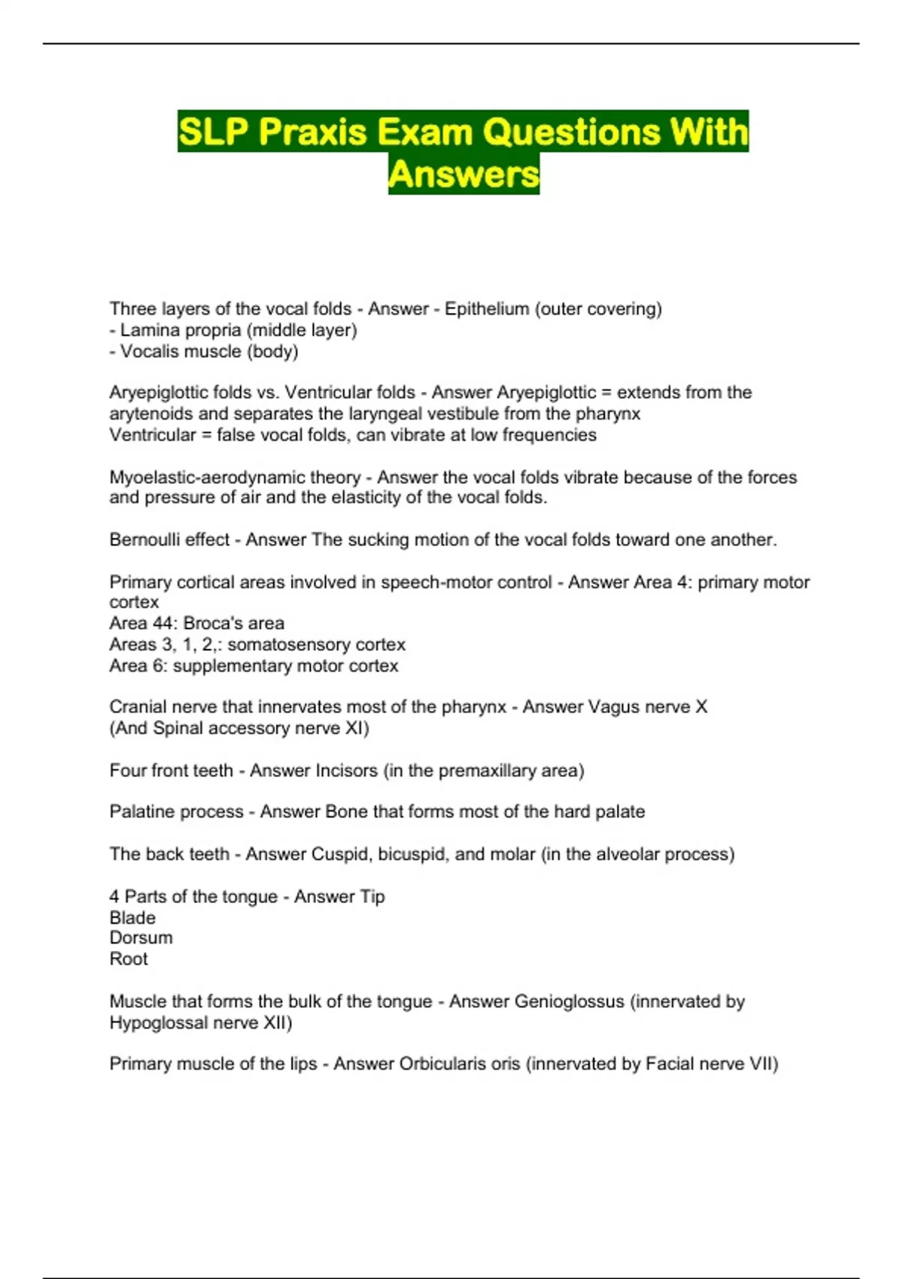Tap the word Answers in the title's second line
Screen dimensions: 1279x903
(464, 175)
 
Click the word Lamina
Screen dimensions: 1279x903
(144, 330)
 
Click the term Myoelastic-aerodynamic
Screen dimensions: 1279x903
(235, 478)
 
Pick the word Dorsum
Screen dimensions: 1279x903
(141, 938)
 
